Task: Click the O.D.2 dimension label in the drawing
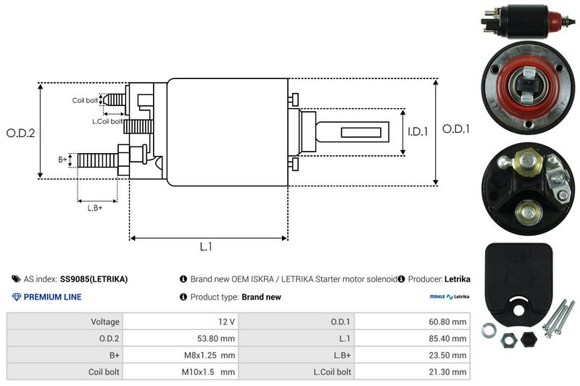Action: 21,133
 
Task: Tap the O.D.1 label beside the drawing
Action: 456,129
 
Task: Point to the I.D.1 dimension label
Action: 418,131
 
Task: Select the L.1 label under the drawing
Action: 206,247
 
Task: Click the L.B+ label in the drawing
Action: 95,208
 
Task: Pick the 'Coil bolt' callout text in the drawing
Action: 85,100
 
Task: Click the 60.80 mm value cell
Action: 447,321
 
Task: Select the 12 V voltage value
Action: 226,321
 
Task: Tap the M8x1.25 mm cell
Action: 210,356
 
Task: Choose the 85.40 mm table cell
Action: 447,338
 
